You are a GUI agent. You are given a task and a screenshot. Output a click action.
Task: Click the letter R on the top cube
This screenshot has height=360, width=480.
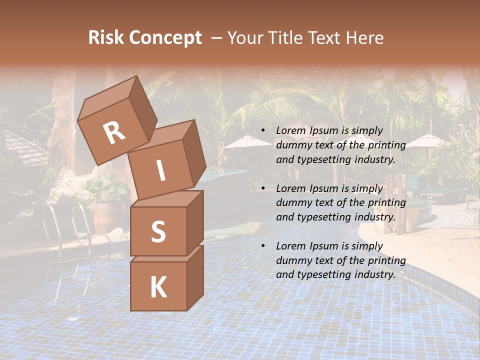pos(114,133)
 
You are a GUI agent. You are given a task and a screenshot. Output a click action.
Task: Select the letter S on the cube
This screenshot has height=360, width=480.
pos(158,231)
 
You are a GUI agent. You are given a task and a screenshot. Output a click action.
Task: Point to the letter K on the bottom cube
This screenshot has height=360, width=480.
pos(158,287)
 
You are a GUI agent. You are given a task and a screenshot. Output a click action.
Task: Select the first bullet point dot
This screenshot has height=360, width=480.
pos(263,130)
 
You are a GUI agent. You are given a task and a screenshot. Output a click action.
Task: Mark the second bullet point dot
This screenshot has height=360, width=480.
pos(263,188)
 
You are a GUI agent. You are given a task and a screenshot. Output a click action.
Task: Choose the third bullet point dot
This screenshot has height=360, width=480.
pos(263,246)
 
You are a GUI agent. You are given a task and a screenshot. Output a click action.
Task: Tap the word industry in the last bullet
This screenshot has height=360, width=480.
pos(374,274)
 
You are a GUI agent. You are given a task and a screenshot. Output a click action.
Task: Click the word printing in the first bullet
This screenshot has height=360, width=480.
pos(386,145)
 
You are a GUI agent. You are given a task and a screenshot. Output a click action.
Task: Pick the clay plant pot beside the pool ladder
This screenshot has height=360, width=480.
pos(104,217)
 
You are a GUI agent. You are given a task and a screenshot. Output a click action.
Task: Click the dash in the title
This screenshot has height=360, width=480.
pos(217,37)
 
